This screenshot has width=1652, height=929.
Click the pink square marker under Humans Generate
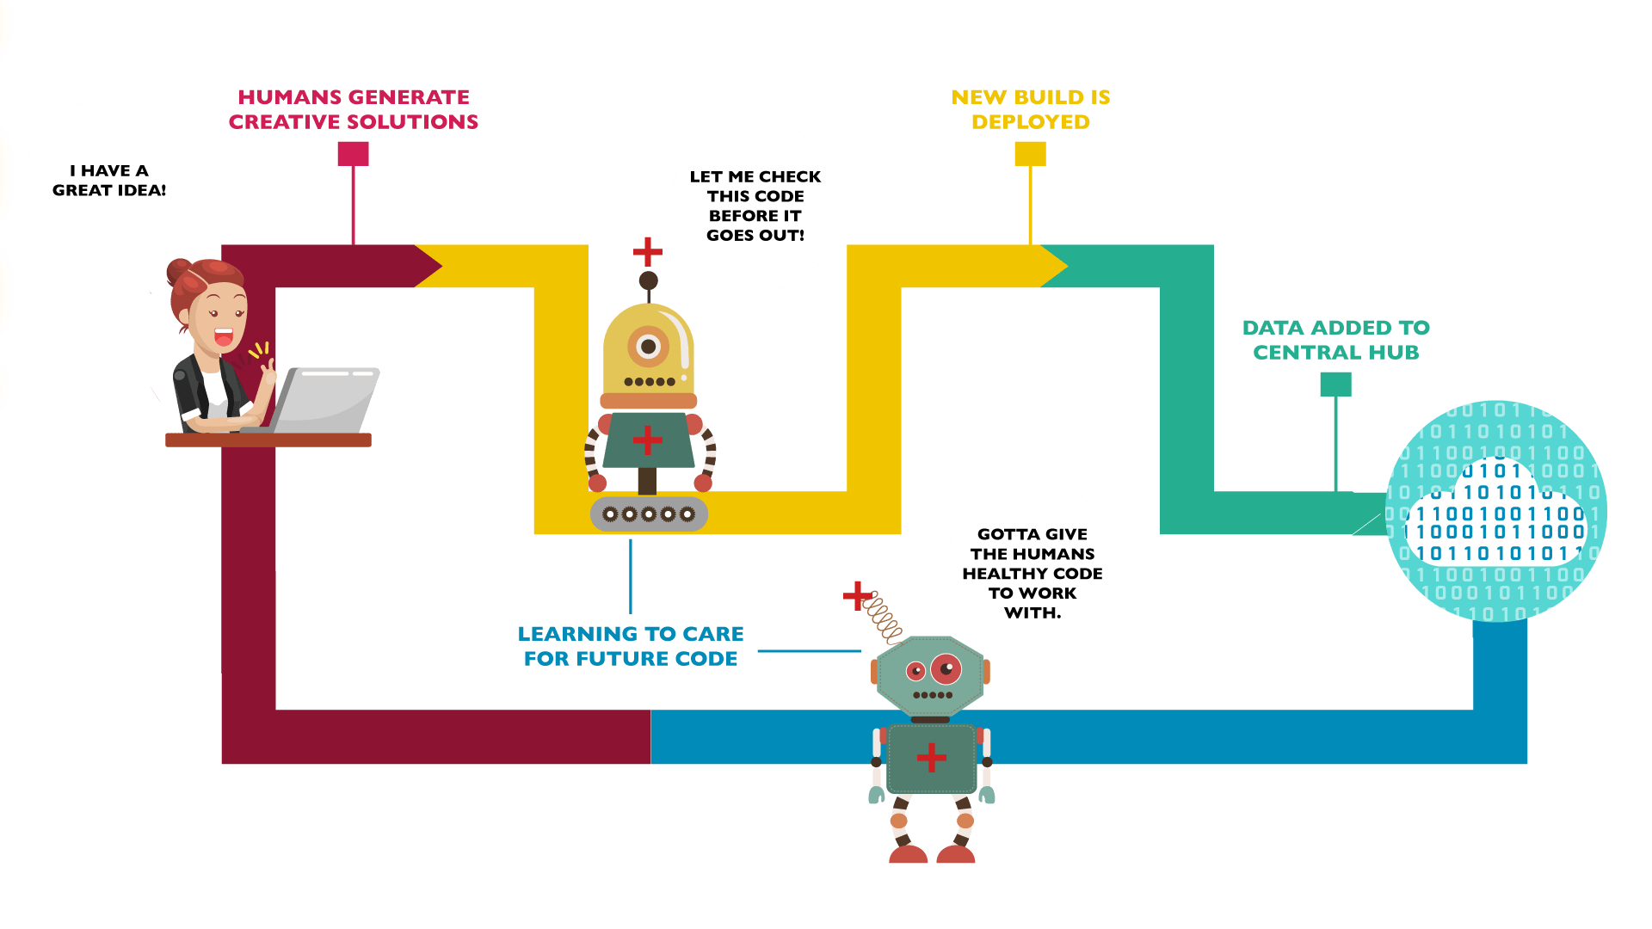pos(353,154)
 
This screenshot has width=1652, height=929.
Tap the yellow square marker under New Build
pos(1030,154)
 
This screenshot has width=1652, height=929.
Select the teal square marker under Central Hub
pos(1335,384)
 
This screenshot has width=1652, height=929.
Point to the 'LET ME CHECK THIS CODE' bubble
pos(755,206)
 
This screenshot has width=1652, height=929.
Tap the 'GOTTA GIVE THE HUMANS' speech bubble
pos(1032,568)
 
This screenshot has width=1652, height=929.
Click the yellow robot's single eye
pos(648,347)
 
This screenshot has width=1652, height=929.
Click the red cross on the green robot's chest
pos(931,758)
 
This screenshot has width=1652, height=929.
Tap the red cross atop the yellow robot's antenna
pos(647,252)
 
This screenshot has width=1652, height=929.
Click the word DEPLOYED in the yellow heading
pos(1030,122)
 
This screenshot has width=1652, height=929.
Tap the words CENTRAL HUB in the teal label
pos(1335,353)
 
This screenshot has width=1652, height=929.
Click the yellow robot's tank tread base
pos(649,514)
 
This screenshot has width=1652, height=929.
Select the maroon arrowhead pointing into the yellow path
pos(428,266)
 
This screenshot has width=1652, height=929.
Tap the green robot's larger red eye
pos(946,668)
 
